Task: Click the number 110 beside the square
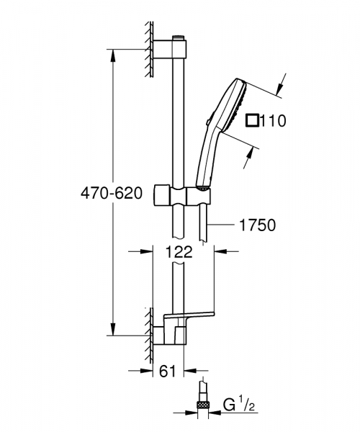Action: [274, 121]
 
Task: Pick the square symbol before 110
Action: [251, 120]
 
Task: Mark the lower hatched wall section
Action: [150, 331]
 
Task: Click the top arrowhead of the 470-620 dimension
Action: [112, 53]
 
